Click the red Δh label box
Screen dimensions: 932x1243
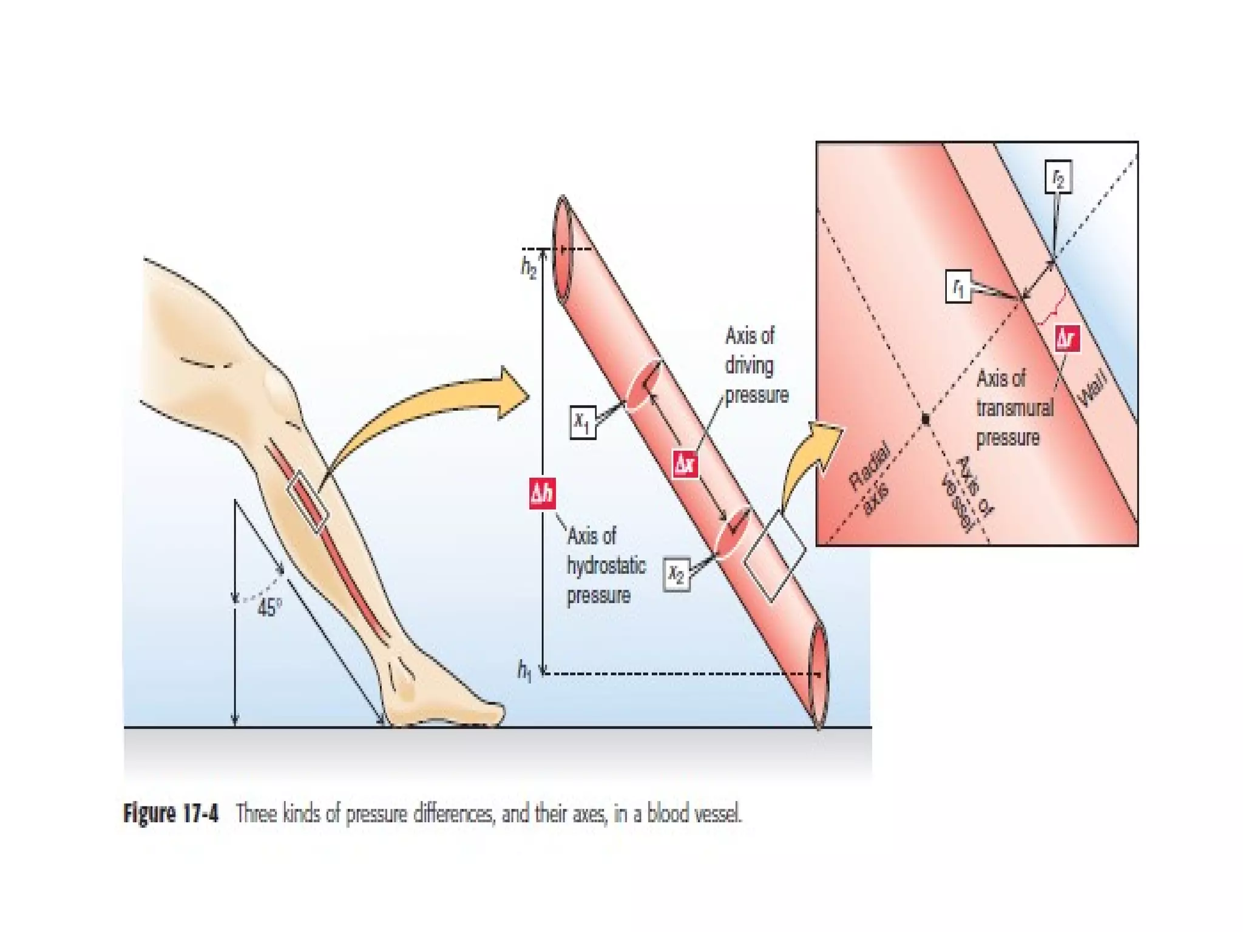[542, 493]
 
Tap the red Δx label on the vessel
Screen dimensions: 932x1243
[685, 464]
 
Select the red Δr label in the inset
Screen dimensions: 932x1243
[1067, 339]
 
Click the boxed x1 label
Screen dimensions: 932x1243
[583, 422]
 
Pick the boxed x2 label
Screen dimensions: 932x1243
[677, 573]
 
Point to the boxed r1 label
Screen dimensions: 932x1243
[958, 286]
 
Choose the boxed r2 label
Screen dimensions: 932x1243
[1058, 177]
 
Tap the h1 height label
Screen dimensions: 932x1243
[524, 671]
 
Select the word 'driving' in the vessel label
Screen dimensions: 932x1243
[749, 365]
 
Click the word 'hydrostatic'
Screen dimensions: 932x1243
[606, 566]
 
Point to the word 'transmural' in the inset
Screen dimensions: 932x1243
[1015, 408]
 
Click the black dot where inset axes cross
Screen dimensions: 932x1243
[926, 419]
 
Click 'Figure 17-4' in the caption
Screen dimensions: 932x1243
[171, 813]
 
